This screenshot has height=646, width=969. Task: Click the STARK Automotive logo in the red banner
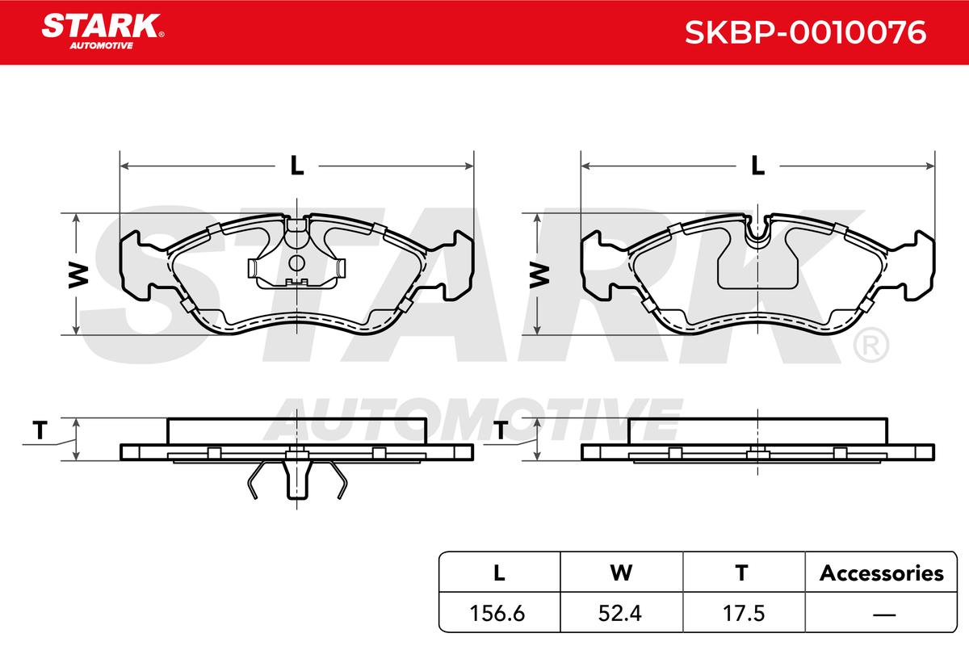pyautogui.click(x=103, y=31)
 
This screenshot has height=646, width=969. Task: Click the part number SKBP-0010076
pyautogui.click(x=806, y=32)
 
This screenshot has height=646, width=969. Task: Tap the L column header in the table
pyautogui.click(x=499, y=573)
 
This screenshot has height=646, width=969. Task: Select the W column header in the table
pyautogui.click(x=621, y=573)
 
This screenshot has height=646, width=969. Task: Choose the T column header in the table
pyautogui.click(x=742, y=573)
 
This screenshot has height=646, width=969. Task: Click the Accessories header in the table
pyautogui.click(x=882, y=573)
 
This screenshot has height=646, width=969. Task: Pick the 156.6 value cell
pyautogui.click(x=497, y=614)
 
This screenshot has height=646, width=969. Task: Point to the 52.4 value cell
pyautogui.click(x=620, y=614)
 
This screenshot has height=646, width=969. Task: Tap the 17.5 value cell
pyautogui.click(x=744, y=614)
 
